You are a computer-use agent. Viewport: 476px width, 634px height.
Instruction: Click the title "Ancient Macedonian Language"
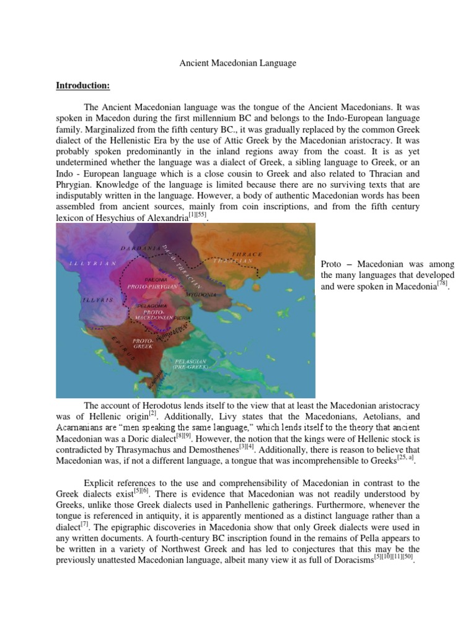pyautogui.click(x=238, y=63)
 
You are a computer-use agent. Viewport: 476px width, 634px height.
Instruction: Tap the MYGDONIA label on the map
pyautogui.click(x=201, y=295)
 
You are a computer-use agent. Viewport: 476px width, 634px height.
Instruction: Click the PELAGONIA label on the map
pyautogui.click(x=151, y=306)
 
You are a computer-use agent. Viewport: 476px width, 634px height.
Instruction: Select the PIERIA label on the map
pyautogui.click(x=182, y=317)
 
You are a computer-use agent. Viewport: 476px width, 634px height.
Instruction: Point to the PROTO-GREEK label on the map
pyautogui.click(x=144, y=343)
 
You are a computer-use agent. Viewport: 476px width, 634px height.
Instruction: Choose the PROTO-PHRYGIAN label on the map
pyautogui.click(x=153, y=287)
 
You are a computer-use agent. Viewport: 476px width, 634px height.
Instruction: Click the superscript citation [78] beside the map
pyautogui.click(x=442, y=283)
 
